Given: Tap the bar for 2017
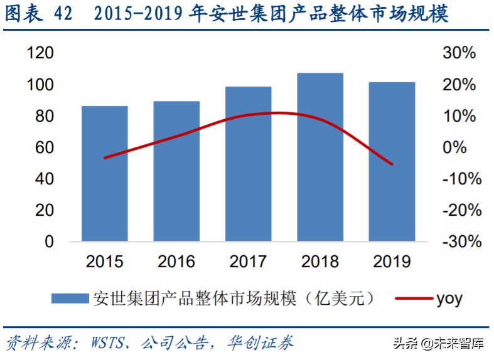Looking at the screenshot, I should tap(248, 164).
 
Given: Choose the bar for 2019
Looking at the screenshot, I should tap(392, 162).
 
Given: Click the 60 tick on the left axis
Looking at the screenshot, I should tap(45, 148).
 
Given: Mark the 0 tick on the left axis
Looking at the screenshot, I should tap(49, 242).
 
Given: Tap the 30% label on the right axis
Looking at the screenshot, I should tap(459, 54).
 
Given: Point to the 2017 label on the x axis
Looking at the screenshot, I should tap(248, 261).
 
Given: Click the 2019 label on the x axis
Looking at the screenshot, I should tap(392, 261).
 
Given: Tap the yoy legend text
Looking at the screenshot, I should tap(449, 299).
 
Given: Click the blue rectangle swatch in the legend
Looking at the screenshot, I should tap(69, 299).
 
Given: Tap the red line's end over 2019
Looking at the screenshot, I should tap(392, 164).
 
